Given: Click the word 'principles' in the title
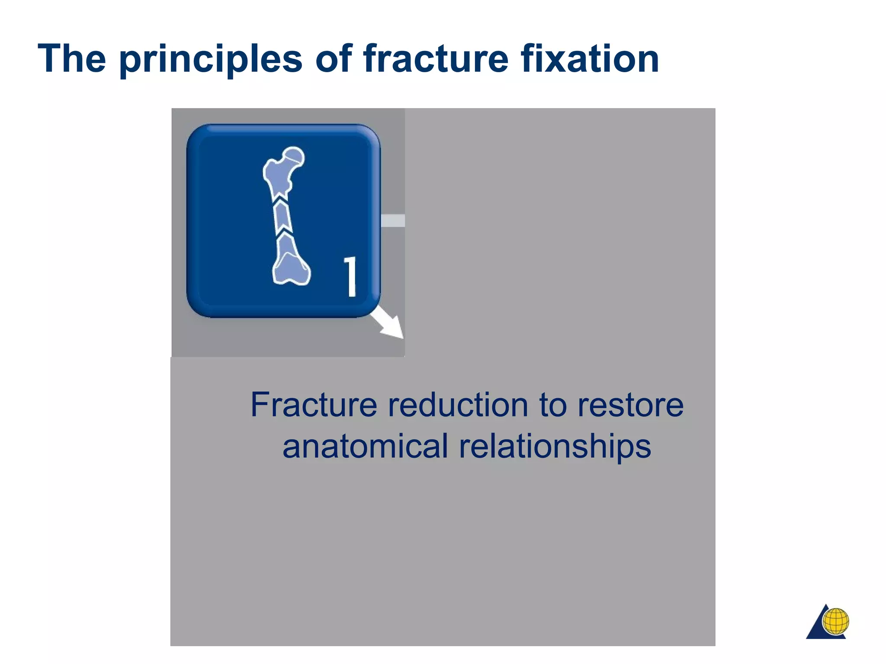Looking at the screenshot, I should [210, 60].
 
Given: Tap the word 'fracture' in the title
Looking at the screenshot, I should [436, 59].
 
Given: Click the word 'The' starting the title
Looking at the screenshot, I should [72, 59].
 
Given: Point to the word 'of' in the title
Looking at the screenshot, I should [334, 59].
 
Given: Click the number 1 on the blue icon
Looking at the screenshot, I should [351, 277].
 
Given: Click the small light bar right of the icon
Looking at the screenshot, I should [393, 220].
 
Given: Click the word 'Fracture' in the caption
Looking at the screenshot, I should [314, 405].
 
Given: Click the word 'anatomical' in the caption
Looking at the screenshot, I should [365, 447].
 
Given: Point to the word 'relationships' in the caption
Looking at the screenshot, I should [555, 447].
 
